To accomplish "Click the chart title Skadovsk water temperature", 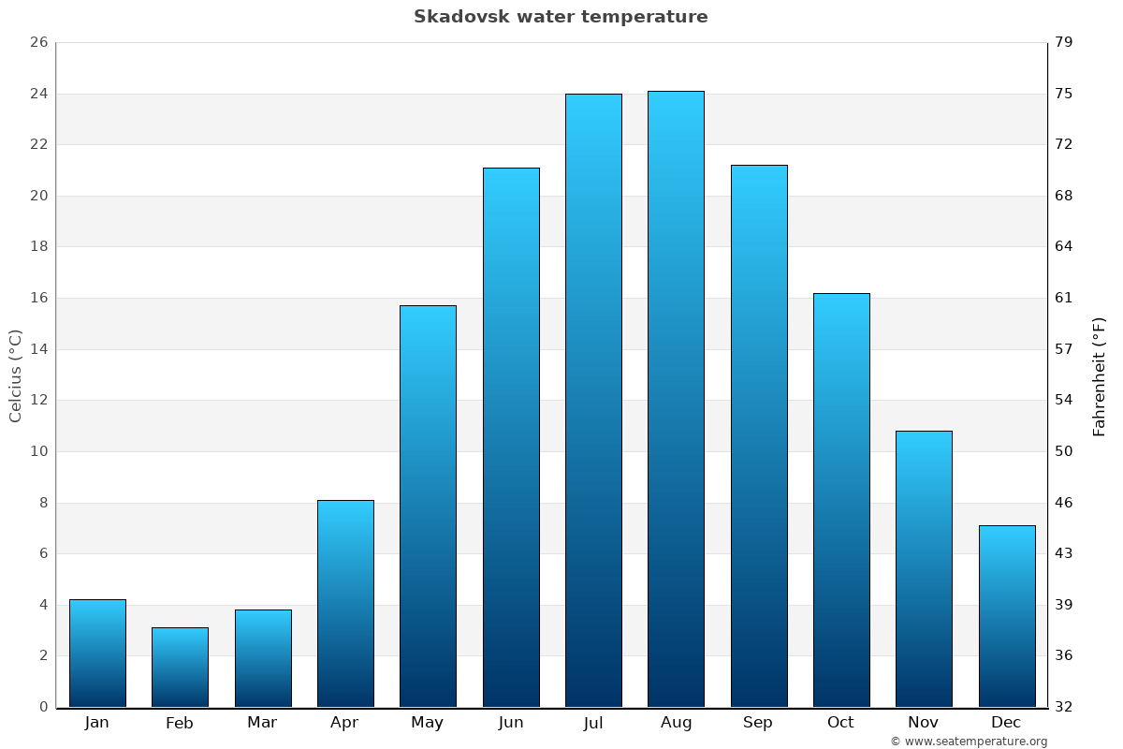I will click(x=561, y=17).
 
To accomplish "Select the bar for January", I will click(x=97, y=653).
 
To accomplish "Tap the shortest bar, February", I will click(x=180, y=667).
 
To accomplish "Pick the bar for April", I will click(x=345, y=603).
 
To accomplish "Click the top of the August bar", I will click(x=676, y=93).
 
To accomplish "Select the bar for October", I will click(x=841, y=500).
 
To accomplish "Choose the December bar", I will click(x=1007, y=616).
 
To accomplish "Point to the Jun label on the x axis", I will click(x=511, y=723).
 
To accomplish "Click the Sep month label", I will click(x=758, y=723).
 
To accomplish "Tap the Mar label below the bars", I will click(x=262, y=723).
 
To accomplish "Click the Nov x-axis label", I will click(x=924, y=723).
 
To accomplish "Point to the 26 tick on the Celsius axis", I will click(x=38, y=43).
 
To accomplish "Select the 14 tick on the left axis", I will click(x=38, y=349).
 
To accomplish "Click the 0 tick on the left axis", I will click(x=43, y=707).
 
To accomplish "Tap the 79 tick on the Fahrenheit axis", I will click(x=1064, y=43).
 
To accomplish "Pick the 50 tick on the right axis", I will click(x=1064, y=451).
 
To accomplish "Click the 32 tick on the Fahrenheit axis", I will click(x=1064, y=707).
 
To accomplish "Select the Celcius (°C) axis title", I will click(x=16, y=375).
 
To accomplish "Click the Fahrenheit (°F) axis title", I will click(x=1099, y=376).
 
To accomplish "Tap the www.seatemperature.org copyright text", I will click(x=969, y=742).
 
